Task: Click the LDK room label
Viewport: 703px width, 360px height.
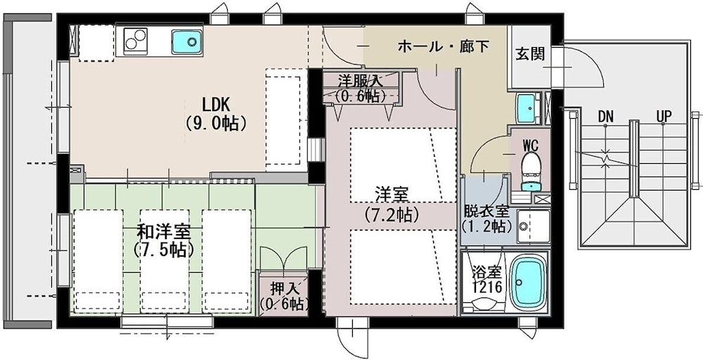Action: click(x=216, y=104)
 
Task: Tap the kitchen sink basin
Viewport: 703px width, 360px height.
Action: click(x=186, y=41)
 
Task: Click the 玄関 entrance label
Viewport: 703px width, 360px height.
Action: click(x=530, y=53)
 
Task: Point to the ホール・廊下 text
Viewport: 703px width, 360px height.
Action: click(x=443, y=46)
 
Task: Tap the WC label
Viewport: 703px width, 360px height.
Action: click(x=530, y=146)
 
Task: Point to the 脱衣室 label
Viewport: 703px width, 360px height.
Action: click(x=485, y=211)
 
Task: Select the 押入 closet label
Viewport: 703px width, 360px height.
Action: click(x=283, y=288)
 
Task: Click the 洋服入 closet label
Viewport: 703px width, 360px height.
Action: click(x=359, y=80)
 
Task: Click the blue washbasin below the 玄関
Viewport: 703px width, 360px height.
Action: click(x=527, y=108)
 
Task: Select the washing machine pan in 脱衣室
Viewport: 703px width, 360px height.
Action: click(x=532, y=224)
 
